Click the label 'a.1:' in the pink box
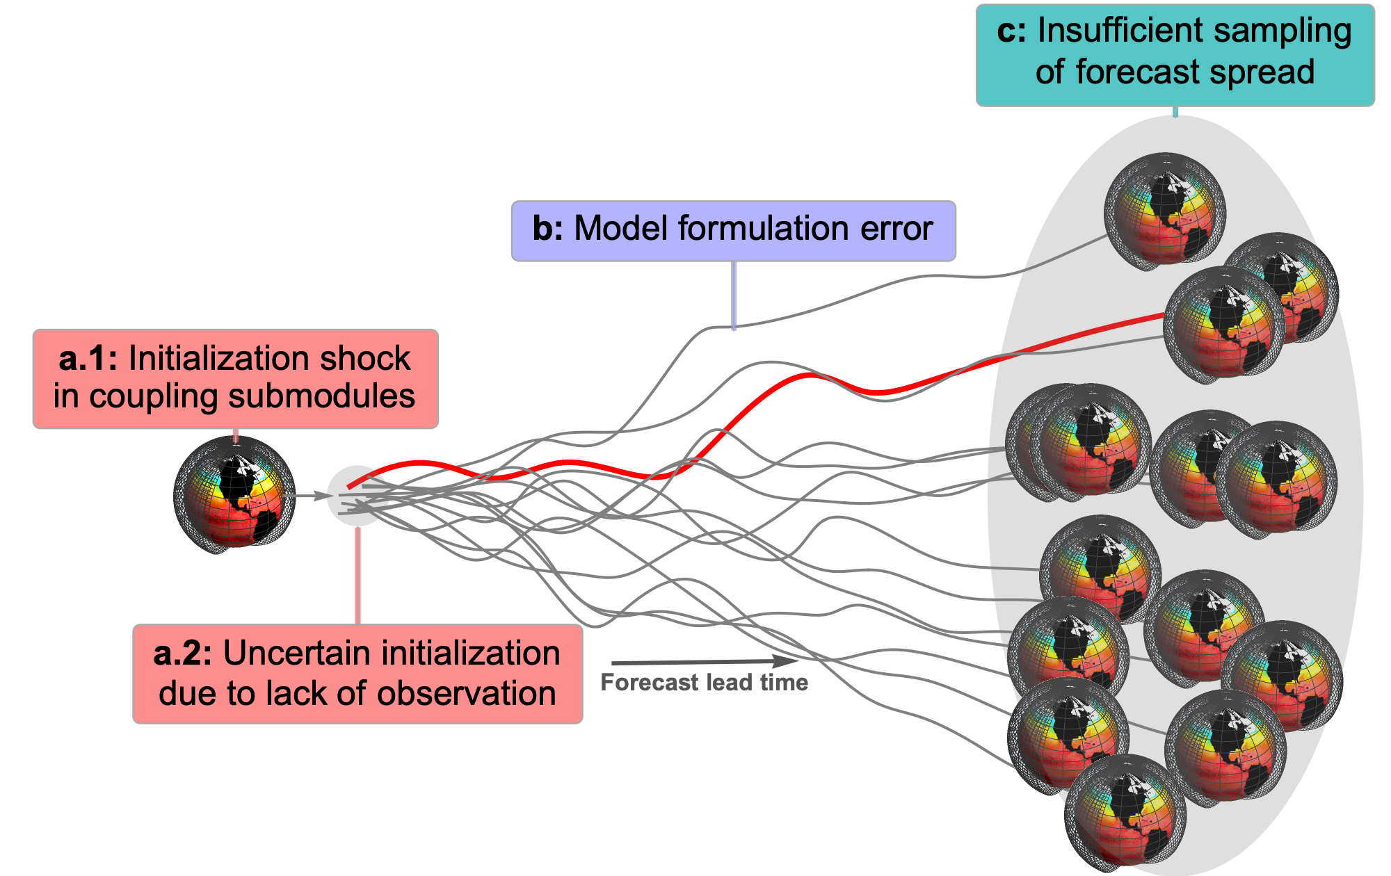89,359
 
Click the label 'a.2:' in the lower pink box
184,654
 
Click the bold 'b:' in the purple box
548,229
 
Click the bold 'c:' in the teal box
1011,31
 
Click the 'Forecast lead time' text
705,683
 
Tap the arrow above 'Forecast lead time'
705,662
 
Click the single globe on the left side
234,494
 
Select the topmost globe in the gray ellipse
1165,211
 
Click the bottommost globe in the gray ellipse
1125,813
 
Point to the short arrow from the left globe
312,496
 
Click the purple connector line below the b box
734,295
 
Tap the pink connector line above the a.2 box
357,576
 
